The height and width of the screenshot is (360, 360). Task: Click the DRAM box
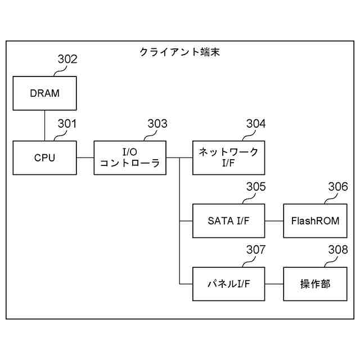(44, 93)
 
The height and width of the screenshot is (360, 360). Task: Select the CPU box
(44, 157)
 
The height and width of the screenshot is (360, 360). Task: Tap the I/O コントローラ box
(129, 157)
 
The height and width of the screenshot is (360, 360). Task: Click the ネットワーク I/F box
(228, 157)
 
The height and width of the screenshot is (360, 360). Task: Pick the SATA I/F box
(228, 220)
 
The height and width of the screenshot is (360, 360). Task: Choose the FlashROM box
(315, 220)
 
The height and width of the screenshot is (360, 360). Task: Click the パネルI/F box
(228, 283)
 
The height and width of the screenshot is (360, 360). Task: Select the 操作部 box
(315, 283)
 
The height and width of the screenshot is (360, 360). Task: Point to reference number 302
(67, 59)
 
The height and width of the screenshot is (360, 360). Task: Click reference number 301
(67, 124)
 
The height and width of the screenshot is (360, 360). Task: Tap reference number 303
(157, 124)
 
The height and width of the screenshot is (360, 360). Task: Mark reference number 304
(256, 124)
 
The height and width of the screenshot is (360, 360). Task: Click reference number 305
(256, 187)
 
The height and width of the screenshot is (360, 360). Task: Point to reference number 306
(337, 187)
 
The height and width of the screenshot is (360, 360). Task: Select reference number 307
(256, 250)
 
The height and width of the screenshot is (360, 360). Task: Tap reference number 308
(337, 250)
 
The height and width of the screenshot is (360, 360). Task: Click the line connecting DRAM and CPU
(44, 125)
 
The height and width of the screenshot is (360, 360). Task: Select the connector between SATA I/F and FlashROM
(274, 220)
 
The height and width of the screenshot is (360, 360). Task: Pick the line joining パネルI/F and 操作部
(274, 283)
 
